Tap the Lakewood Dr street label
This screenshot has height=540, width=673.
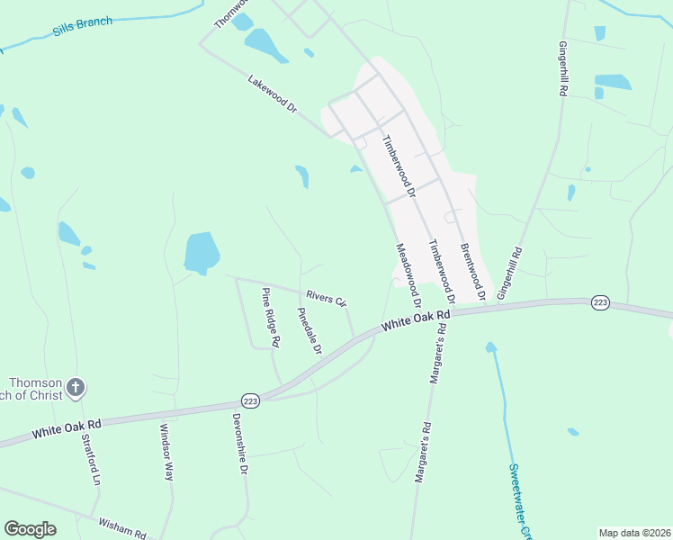point(273,94)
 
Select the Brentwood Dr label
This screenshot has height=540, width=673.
point(473,271)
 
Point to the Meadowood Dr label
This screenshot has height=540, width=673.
point(408,274)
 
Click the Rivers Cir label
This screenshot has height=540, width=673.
point(326,298)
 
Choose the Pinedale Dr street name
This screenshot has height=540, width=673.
point(310,331)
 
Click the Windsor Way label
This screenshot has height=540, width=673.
point(166,452)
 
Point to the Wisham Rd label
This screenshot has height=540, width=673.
point(122,529)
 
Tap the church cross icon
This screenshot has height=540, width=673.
point(76,388)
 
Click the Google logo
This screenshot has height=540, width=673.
point(30,529)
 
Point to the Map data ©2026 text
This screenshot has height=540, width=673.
point(633,533)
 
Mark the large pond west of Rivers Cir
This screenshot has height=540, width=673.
point(202,253)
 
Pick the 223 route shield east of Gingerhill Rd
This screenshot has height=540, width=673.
point(600,303)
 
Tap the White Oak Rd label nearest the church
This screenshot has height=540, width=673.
point(67,427)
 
